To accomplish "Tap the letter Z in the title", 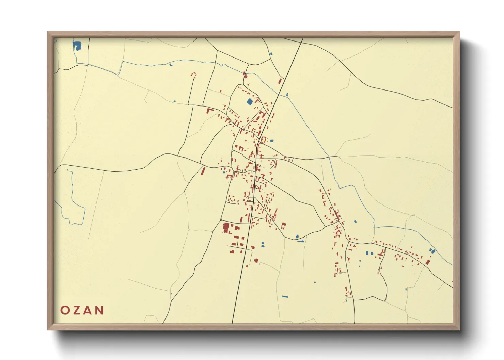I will [x=77, y=310].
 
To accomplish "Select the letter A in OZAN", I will [x=88, y=310].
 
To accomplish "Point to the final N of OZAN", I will [x=99, y=310].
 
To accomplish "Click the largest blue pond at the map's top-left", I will [x=77, y=46].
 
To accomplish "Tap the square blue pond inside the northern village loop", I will [x=250, y=101].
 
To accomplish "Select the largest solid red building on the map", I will [x=226, y=227].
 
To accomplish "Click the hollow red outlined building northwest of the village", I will [x=194, y=75].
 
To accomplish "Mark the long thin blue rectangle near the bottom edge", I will [x=285, y=296].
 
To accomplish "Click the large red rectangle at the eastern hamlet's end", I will [x=428, y=262].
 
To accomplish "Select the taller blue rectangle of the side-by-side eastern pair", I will [x=367, y=253].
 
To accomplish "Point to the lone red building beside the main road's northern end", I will [x=280, y=81].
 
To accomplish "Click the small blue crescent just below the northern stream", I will [x=171, y=65].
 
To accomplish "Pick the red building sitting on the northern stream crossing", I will [x=245, y=74].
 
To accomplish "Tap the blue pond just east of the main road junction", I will [x=271, y=140].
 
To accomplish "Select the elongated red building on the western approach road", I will [x=203, y=170].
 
